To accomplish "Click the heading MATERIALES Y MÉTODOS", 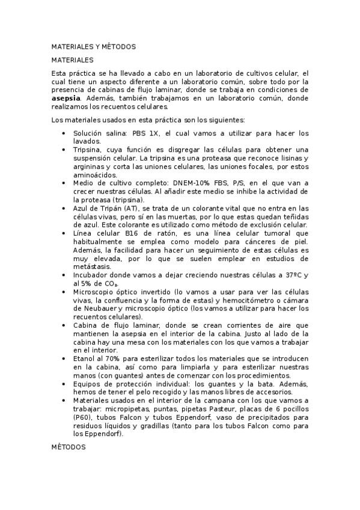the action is coord(93,46).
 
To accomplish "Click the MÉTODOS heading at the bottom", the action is coord(68,447).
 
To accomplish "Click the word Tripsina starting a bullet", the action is coord(87,149).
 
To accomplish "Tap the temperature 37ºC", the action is coord(292,275).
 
